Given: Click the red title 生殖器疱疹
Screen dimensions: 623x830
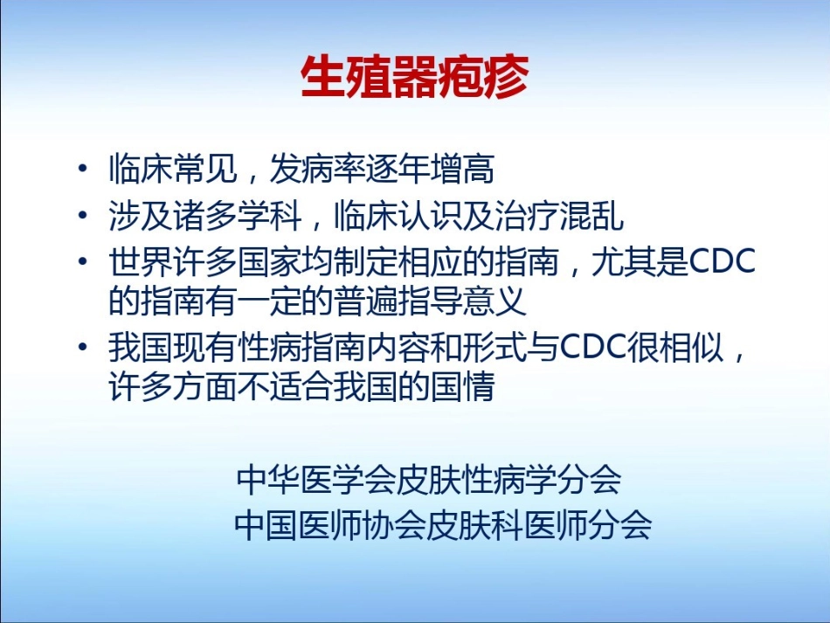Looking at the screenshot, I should (x=414, y=78).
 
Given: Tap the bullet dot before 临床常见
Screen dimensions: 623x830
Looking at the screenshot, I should (x=82, y=170).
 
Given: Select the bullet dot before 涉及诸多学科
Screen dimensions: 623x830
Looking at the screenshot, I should (x=82, y=215).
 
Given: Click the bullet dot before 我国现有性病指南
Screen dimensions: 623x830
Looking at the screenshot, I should (x=82, y=348).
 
